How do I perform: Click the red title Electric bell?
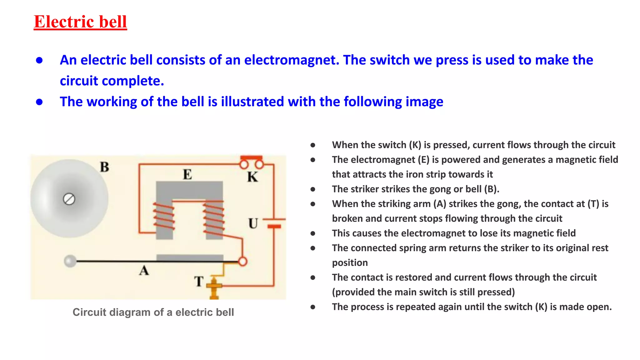tap(80, 22)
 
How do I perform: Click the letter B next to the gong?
tap(105, 167)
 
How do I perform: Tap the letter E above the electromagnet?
tap(187, 174)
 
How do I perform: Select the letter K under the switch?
tap(252, 177)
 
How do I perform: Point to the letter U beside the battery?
tap(253, 223)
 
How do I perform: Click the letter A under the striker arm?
tap(144, 270)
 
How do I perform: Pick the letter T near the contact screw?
tap(199, 281)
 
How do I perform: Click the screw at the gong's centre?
tap(69, 199)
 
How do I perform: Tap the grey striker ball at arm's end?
tap(70, 261)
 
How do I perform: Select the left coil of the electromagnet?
tap(163, 217)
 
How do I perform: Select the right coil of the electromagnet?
tap(214, 217)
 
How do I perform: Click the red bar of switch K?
tap(251, 157)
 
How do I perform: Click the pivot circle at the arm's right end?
tap(242, 261)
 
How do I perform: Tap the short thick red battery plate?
tap(274, 226)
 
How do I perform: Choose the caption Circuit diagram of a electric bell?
tap(153, 312)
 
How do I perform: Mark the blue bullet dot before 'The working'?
tap(39, 102)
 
